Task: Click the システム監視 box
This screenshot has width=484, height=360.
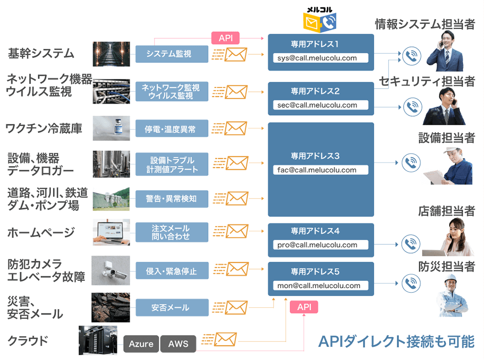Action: point(172,54)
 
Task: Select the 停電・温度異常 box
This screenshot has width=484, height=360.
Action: point(172,129)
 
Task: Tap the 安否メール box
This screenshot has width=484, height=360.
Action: point(172,307)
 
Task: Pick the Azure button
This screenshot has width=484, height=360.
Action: point(141,344)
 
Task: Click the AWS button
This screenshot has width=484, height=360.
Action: point(178,344)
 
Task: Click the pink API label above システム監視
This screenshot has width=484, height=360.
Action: point(226,38)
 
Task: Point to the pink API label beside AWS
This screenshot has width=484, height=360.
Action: point(304,307)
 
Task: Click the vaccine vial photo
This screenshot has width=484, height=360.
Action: point(111,128)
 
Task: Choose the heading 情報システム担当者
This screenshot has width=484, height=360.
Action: point(424,24)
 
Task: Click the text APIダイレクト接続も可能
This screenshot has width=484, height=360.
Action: point(396,341)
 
